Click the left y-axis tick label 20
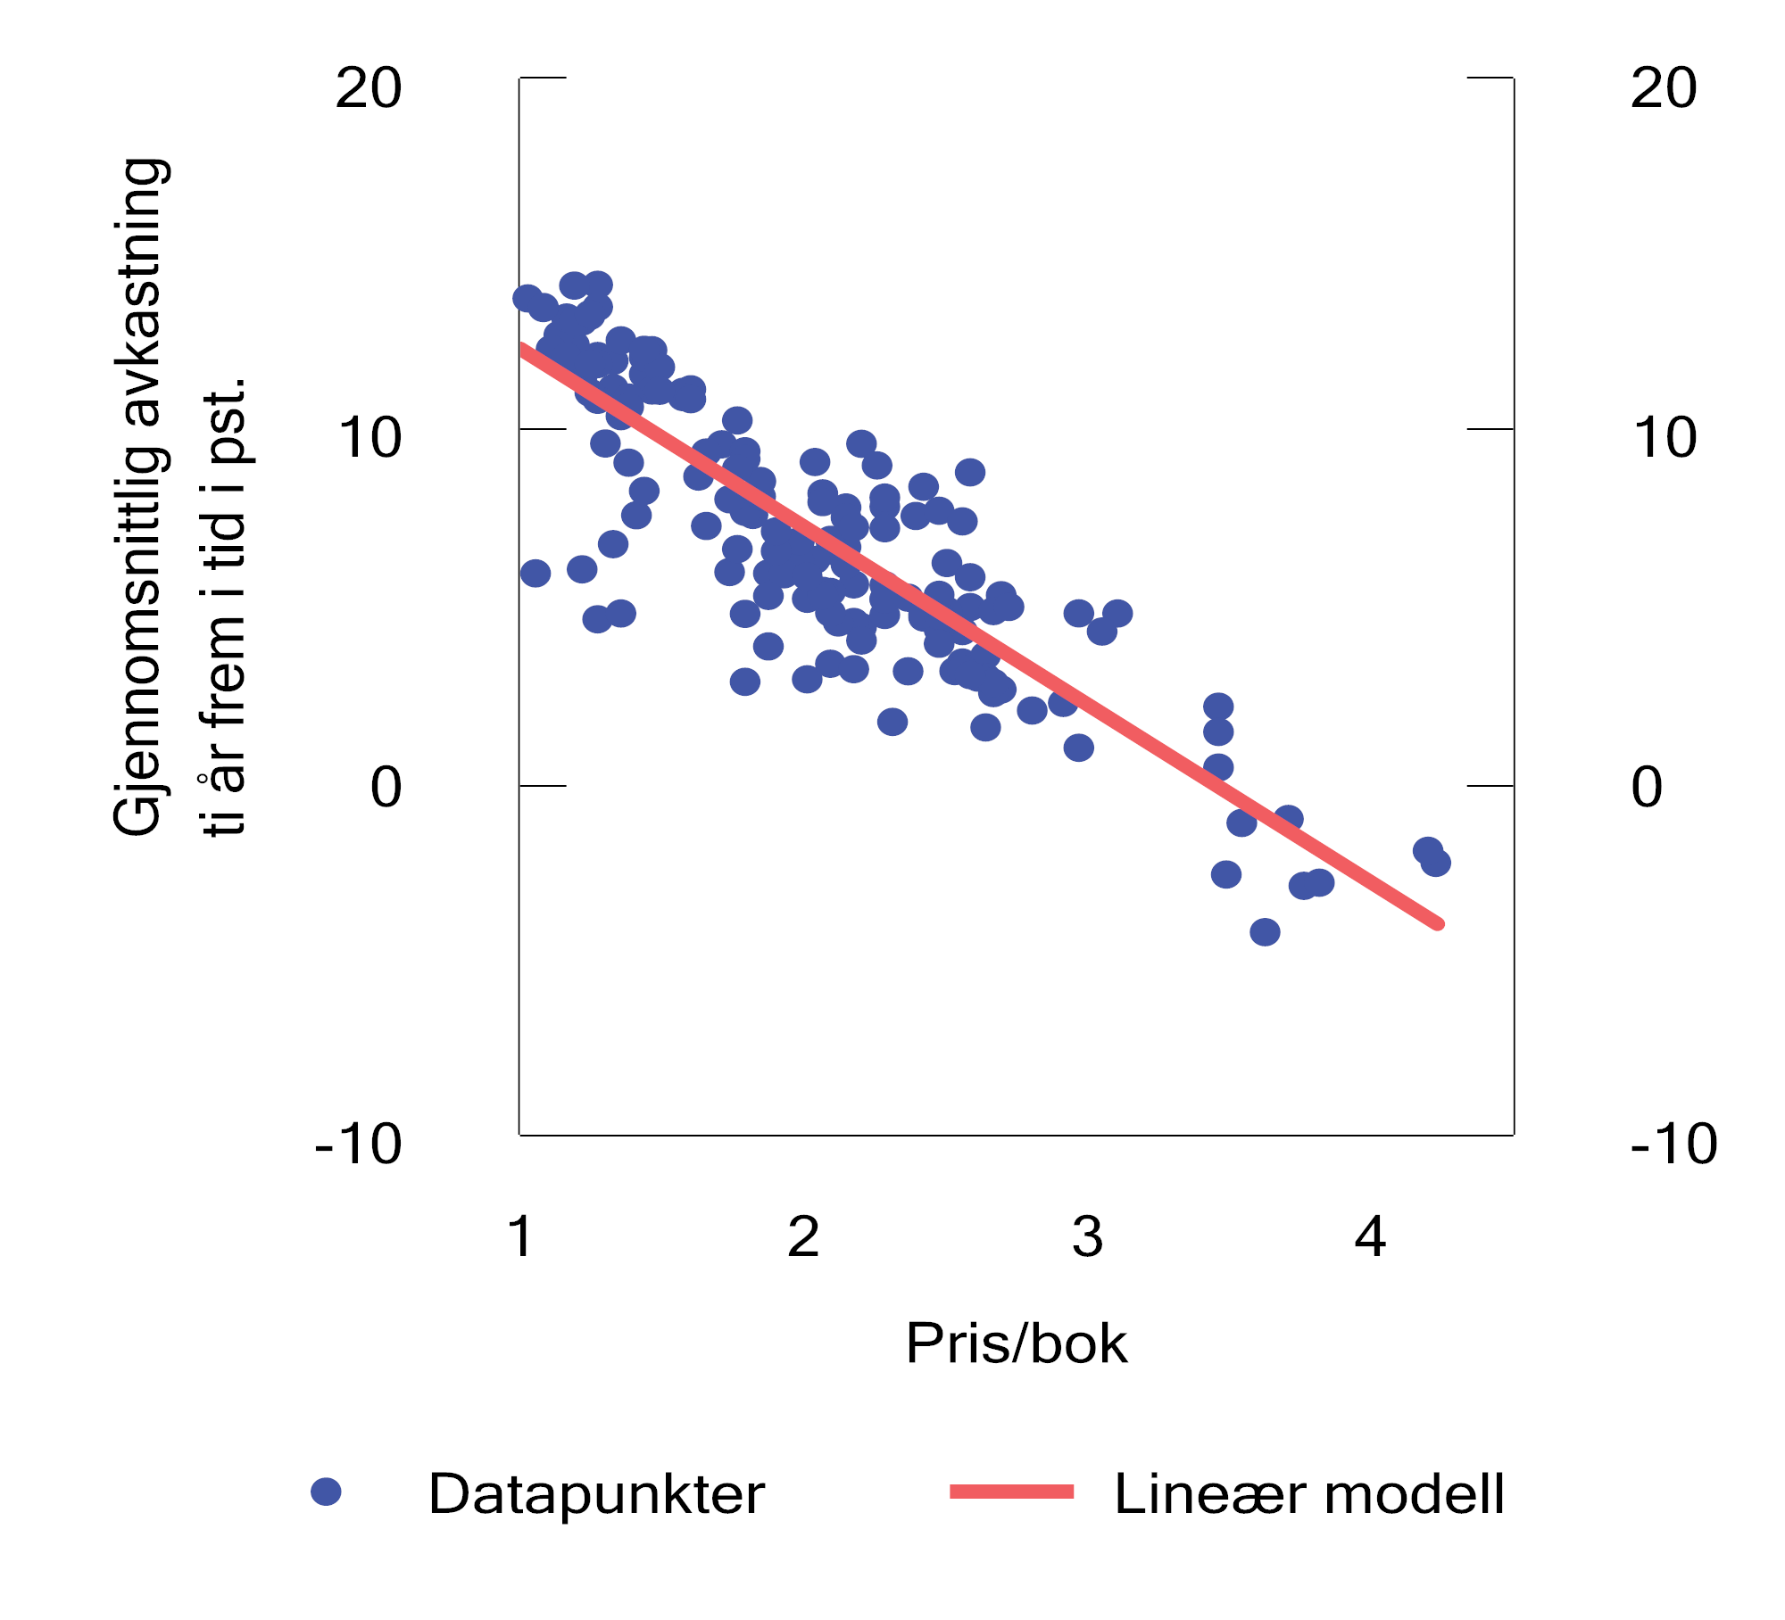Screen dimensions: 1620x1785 tap(369, 88)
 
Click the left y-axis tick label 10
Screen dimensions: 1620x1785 tap(369, 438)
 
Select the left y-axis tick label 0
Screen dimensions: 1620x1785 tap(386, 788)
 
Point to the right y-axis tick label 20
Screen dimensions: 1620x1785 tap(1664, 88)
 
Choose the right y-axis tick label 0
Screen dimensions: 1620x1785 tap(1647, 788)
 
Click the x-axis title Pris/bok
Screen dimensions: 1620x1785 tap(1017, 1343)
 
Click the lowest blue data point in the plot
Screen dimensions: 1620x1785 tap(1265, 932)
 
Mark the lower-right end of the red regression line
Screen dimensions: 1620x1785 tap(1438, 924)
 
